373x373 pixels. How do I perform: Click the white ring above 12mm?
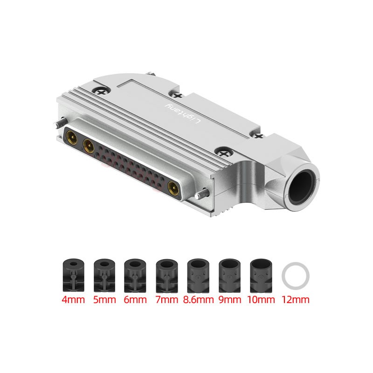[x=296, y=276]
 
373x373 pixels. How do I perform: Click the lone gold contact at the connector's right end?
[x=173, y=187]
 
